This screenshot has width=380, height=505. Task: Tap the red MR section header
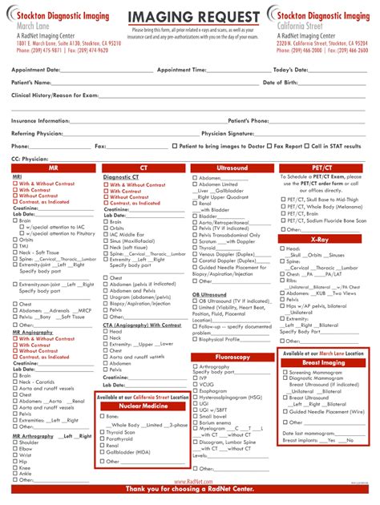[52, 168]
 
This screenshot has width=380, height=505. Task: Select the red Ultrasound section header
[232, 168]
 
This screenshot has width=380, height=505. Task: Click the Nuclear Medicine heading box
[142, 406]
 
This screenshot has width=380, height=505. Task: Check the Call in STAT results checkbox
[307, 147]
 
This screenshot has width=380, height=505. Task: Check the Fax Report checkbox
[269, 147]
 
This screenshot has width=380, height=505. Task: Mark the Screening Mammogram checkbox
[285, 373]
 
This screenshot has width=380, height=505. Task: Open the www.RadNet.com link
[189, 481]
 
